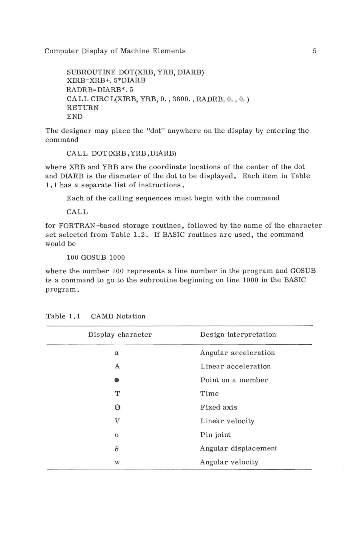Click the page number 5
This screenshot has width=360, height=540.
(314, 51)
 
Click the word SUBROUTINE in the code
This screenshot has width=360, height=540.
(91, 72)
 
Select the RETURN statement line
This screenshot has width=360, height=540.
(82, 108)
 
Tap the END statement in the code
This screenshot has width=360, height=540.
(75, 117)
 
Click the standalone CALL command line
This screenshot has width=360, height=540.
(77, 212)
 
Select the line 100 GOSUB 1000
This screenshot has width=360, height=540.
(96, 258)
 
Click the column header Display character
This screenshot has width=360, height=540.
(120, 335)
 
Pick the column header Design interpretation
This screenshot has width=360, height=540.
(238, 335)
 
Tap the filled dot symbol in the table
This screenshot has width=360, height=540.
(117, 380)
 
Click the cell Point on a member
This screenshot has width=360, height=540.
(234, 380)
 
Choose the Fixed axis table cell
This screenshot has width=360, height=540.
(219, 408)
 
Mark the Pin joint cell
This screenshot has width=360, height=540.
(216, 435)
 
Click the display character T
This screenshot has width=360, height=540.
(117, 394)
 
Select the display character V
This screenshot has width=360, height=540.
(117, 421)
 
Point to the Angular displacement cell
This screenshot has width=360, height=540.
(238, 448)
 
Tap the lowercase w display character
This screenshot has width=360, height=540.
(117, 462)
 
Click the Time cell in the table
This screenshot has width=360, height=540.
(210, 394)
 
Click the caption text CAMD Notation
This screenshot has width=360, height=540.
(118, 316)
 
